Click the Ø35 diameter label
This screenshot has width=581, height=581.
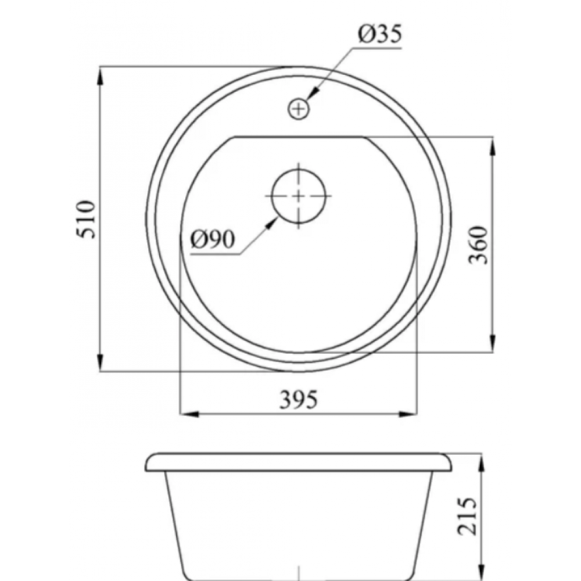click(380, 34)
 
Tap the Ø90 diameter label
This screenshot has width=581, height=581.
click(213, 240)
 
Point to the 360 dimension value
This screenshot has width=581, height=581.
click(478, 245)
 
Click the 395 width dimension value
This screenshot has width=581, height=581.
click(298, 400)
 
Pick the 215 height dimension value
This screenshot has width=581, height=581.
click(467, 516)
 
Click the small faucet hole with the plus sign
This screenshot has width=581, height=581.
click(299, 109)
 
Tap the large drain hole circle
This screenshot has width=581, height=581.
click(299, 196)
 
